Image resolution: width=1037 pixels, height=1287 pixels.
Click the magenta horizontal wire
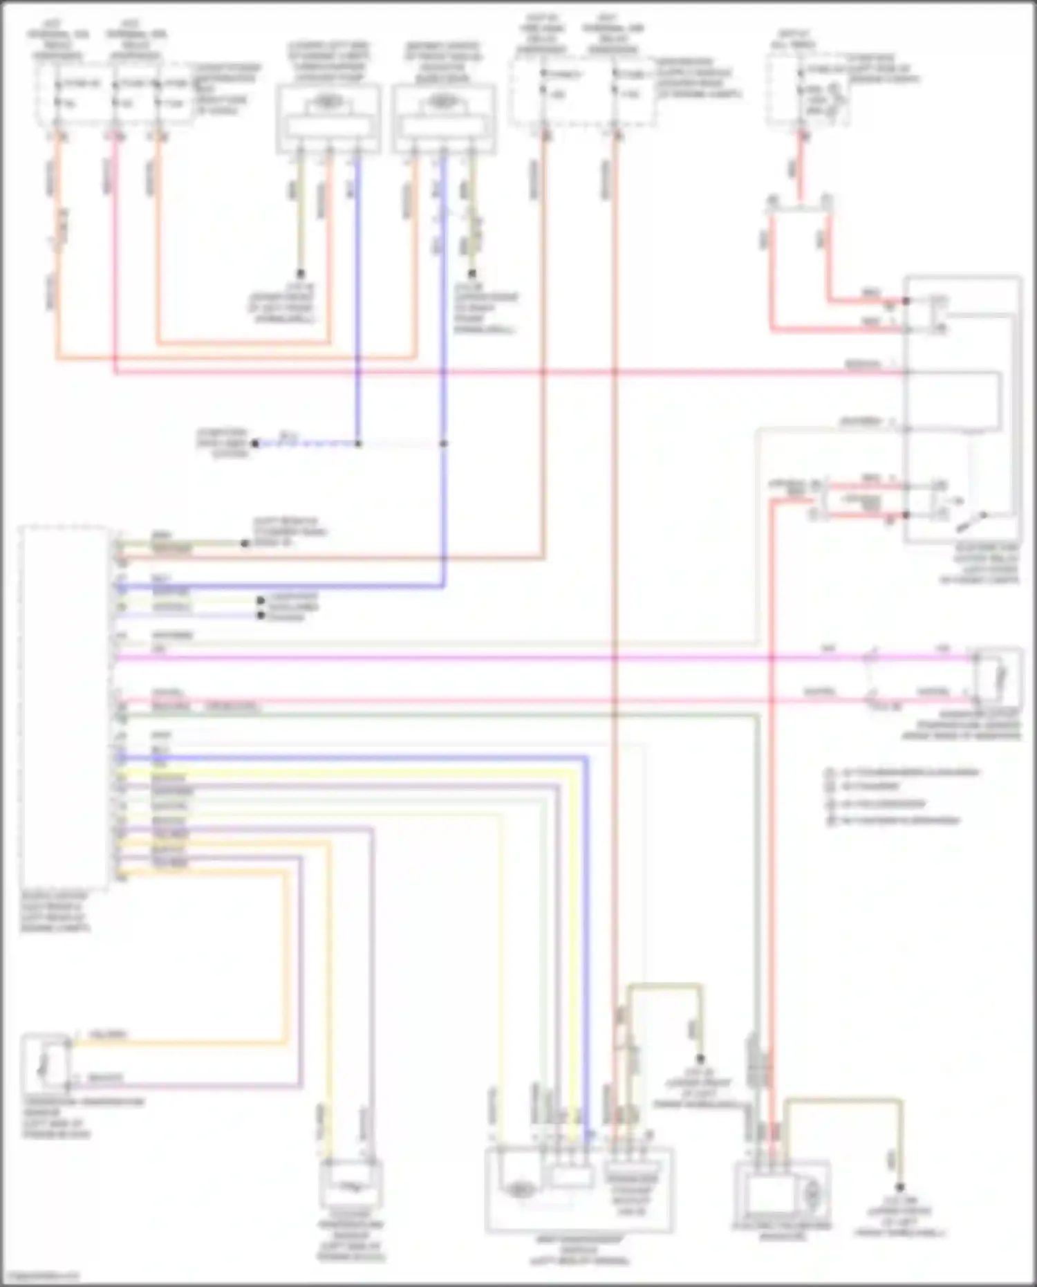point(484,657)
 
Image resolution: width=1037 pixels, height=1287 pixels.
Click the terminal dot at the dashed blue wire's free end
point(255,443)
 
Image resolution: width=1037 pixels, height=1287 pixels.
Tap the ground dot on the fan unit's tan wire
point(901,1187)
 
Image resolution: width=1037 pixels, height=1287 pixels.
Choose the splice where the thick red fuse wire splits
point(799,202)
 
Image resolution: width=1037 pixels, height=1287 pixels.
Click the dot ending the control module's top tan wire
point(245,544)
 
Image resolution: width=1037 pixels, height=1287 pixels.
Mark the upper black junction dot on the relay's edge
point(906,301)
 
